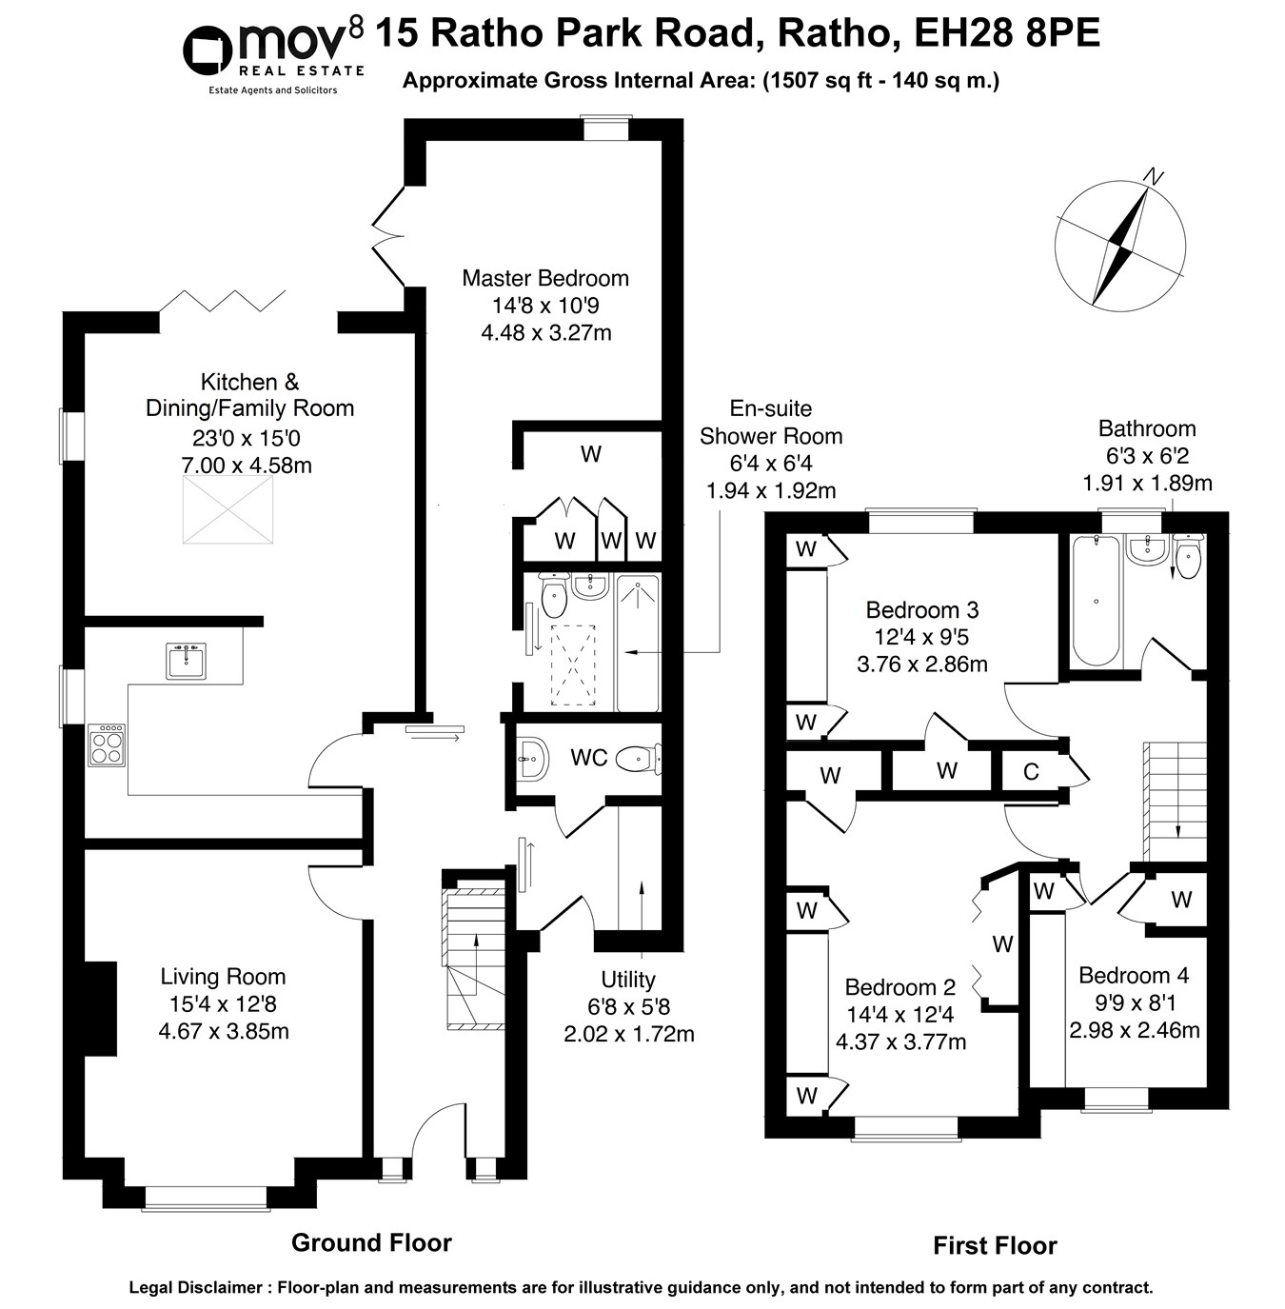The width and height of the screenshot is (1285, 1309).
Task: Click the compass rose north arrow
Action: (x=1120, y=244)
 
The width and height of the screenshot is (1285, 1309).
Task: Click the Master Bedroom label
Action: (x=545, y=278)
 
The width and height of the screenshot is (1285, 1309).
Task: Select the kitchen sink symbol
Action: (x=186, y=661)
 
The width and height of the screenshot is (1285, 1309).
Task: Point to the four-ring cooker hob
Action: (x=106, y=745)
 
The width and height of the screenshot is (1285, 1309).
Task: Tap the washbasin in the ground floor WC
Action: (x=530, y=759)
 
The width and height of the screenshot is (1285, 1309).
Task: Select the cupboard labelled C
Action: (x=1030, y=771)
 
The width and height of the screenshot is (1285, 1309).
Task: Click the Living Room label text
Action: (x=223, y=976)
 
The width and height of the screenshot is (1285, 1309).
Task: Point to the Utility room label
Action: (x=628, y=980)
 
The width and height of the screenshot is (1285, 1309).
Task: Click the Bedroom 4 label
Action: (x=1133, y=975)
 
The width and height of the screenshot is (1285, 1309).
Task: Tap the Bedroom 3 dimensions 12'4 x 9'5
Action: (x=921, y=637)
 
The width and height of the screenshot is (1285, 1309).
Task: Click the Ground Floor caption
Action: (x=371, y=1242)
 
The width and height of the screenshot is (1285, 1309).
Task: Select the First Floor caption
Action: (x=995, y=1245)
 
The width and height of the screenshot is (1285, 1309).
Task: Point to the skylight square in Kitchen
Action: (x=227, y=510)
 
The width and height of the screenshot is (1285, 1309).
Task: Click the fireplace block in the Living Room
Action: (x=100, y=1008)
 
